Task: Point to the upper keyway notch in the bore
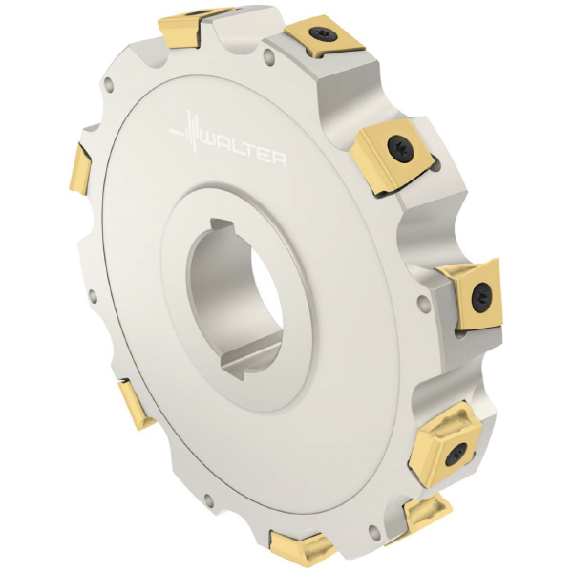pos(223,225)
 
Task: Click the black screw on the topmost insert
pos(321,33)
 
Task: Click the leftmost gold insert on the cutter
pos(79,169)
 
